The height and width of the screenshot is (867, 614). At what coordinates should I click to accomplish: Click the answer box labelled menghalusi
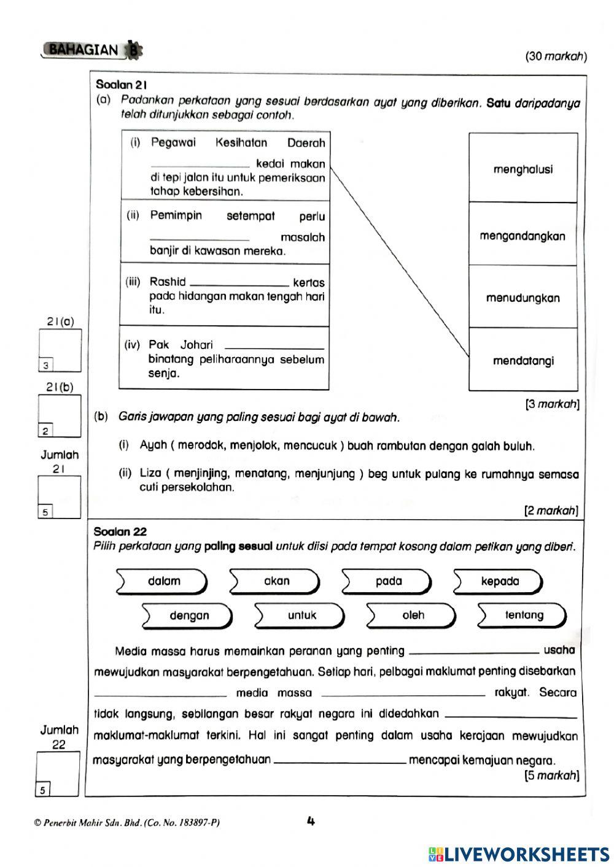[x=523, y=169]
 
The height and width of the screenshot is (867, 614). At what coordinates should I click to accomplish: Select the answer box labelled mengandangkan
[x=523, y=236]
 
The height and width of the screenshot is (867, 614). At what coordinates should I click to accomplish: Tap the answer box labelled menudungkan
[x=523, y=298]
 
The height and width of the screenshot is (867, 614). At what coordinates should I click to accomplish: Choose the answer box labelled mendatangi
[x=523, y=361]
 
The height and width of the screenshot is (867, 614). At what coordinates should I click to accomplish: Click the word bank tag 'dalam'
[x=163, y=581]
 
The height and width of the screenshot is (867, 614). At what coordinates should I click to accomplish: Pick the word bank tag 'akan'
[x=276, y=581]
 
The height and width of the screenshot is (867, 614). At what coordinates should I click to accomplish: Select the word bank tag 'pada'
[x=388, y=581]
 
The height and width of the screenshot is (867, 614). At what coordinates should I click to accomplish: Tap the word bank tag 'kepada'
[x=500, y=581]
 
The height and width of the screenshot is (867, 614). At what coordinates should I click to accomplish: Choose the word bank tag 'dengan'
[x=189, y=615]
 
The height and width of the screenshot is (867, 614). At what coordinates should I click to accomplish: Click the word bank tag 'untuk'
[x=301, y=615]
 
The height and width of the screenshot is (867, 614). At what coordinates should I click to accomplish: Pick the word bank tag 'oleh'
[x=413, y=615]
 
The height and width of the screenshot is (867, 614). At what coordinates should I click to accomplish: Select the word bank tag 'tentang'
[x=524, y=615]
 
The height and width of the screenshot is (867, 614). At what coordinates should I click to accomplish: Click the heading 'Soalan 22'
[x=120, y=531]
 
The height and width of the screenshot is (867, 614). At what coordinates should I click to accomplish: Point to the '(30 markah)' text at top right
[x=556, y=56]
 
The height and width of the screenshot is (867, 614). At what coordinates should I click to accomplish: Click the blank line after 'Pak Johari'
[x=274, y=346]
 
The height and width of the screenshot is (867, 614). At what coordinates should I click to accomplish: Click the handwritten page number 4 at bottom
[x=311, y=821]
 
